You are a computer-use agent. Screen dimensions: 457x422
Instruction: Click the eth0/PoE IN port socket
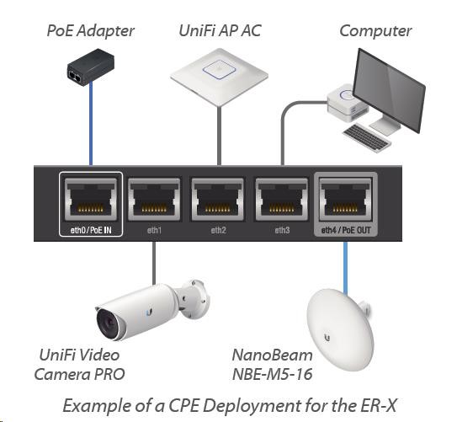coord(91,200)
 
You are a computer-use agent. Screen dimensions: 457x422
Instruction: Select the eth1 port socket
coord(154,200)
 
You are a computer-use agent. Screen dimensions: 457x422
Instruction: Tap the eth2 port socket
coord(218,200)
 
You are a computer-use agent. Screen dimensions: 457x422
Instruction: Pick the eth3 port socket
coord(282,200)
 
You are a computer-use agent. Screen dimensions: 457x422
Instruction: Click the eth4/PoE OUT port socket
coord(346,200)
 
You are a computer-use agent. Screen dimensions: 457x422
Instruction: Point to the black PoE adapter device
coord(91,67)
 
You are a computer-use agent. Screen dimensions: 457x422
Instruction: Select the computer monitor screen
coord(389,90)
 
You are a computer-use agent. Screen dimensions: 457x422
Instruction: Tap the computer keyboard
coord(367,137)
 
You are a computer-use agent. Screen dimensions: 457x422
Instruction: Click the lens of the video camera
coord(109,323)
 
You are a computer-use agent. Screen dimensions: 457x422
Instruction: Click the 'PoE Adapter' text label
coord(90,31)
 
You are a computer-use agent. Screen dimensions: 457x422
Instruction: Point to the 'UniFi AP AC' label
coord(220,30)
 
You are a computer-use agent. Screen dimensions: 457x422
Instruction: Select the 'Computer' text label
coord(375,31)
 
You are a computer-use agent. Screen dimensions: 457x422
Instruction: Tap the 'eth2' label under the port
coord(218,230)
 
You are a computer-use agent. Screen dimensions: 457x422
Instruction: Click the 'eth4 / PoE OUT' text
coord(346,230)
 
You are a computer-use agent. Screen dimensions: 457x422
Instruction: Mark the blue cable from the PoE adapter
coord(91,123)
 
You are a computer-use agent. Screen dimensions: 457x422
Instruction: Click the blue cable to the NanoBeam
coord(345,268)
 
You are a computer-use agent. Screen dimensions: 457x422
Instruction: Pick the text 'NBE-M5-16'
coord(272,374)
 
